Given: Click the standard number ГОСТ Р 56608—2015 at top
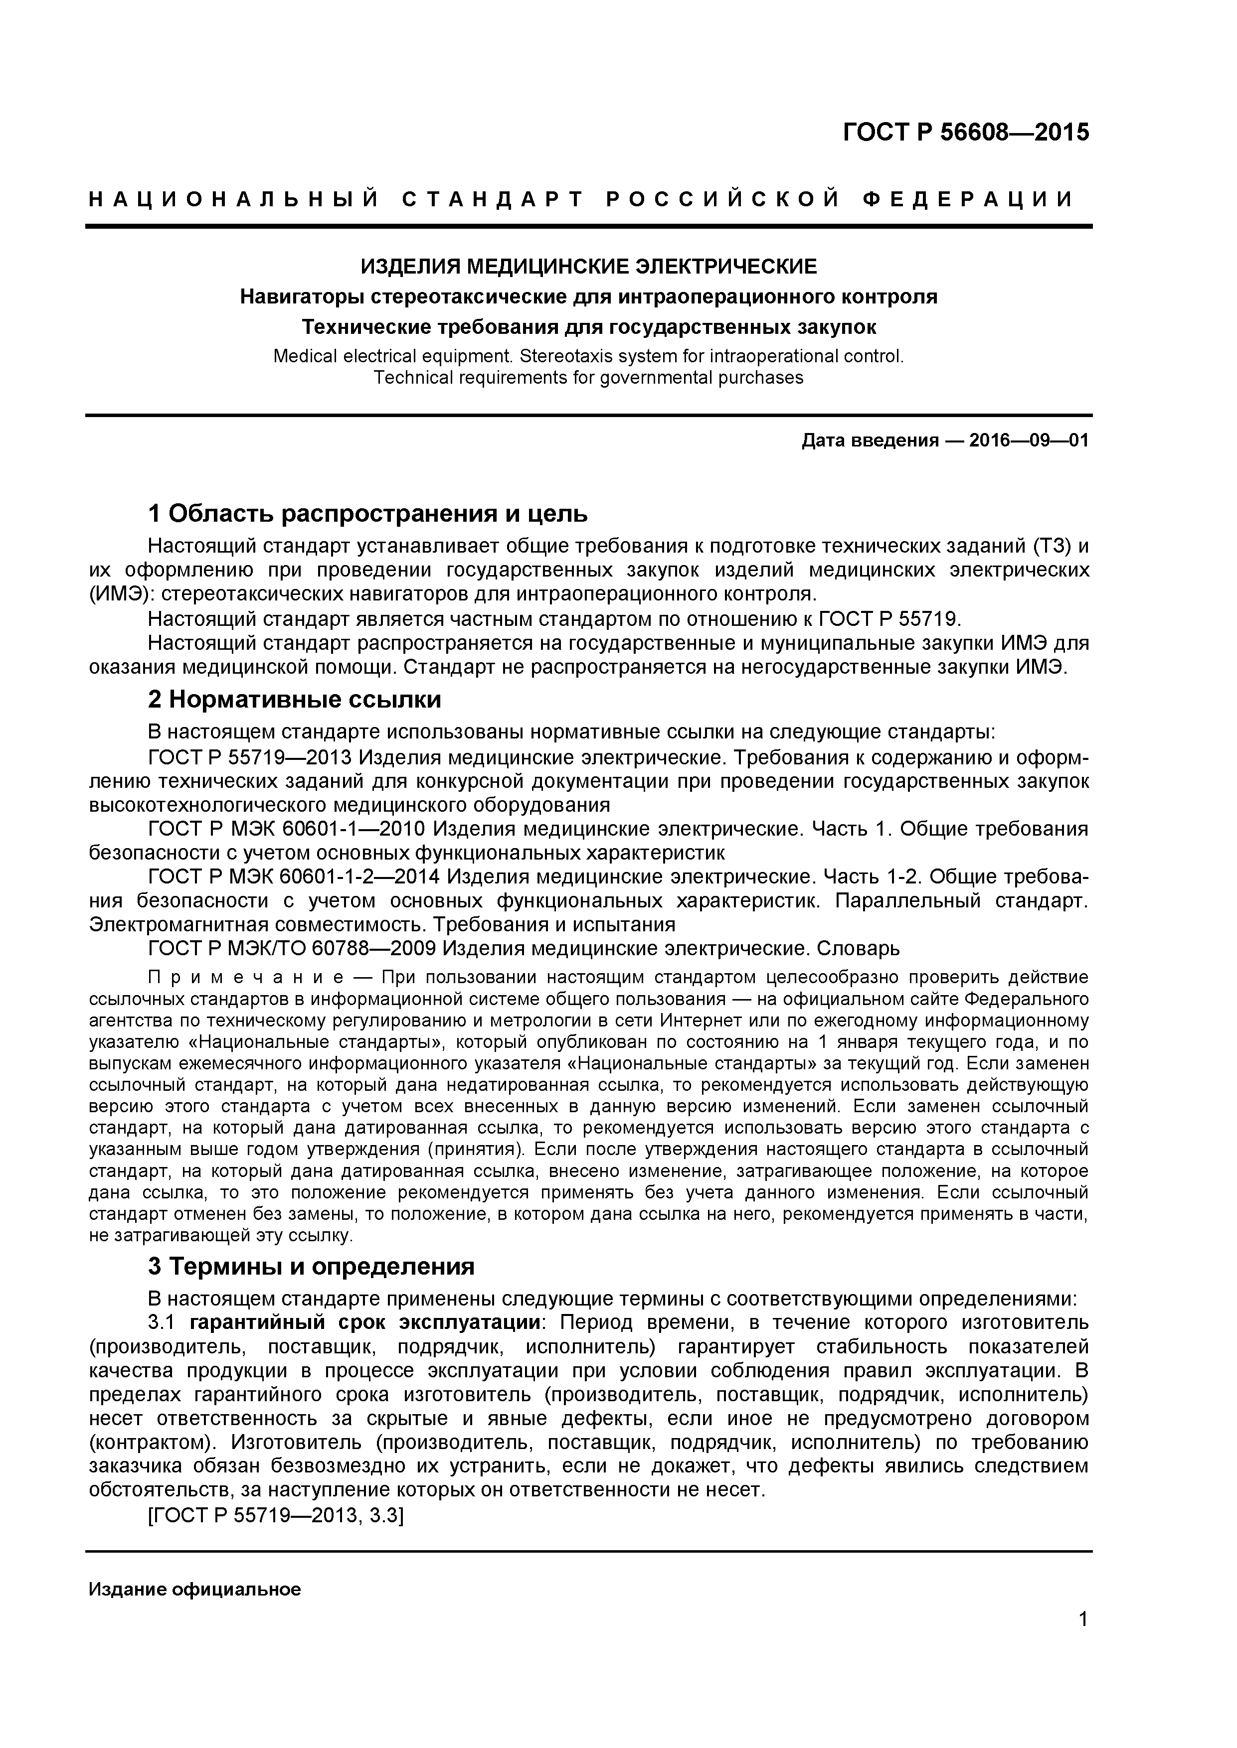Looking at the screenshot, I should coord(965,133).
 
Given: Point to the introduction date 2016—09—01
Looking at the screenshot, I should coord(1028,441).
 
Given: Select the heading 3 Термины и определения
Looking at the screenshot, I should coord(311,1267).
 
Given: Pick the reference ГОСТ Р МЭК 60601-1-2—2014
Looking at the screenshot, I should coord(294,877).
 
